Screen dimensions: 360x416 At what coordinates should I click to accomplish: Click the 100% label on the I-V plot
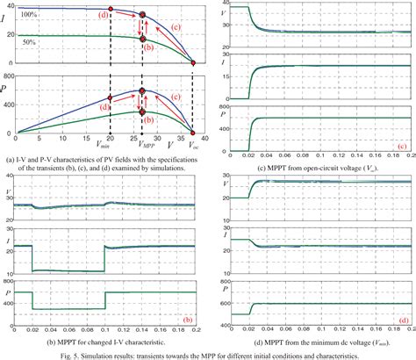click(29, 15)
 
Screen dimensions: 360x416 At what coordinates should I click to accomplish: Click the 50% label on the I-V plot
click(29, 42)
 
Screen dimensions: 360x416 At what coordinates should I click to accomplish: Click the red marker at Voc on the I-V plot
click(193, 63)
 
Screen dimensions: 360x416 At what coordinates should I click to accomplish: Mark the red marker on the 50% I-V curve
click(142, 39)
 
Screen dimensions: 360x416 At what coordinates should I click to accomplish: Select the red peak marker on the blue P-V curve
click(142, 90)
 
